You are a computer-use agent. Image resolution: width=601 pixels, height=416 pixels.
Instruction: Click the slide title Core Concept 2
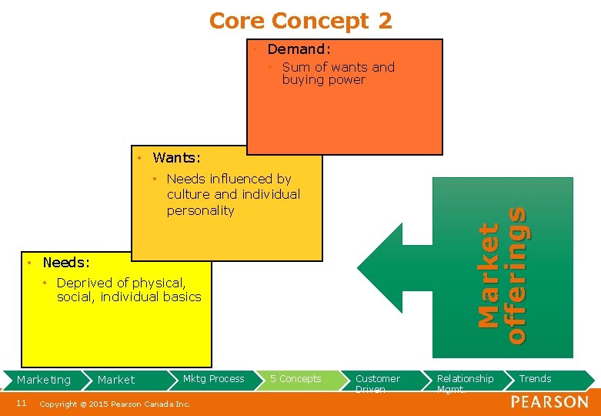coord(300,21)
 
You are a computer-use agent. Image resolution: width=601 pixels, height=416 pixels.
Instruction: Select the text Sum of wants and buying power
coord(338,73)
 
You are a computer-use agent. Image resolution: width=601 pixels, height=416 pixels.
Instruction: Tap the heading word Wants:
coord(176,159)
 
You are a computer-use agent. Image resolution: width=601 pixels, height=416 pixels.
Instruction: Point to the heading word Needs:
coord(66,263)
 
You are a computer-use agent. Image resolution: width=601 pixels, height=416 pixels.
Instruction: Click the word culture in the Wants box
coord(189,195)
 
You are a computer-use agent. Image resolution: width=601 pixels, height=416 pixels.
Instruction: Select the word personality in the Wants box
coord(200,210)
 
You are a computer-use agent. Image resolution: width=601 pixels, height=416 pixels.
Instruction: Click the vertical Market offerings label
coord(501,273)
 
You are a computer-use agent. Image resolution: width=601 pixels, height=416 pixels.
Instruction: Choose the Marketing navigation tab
coord(44,380)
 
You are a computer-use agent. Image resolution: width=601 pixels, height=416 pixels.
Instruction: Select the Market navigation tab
coord(116,380)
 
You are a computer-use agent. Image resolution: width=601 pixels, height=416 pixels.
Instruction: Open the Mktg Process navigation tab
coord(213,379)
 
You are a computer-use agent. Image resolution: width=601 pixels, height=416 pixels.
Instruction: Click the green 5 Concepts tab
coord(295,379)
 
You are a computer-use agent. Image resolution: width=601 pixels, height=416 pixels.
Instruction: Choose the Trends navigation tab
coord(535,379)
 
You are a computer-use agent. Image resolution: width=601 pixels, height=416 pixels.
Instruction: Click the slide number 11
coord(21,403)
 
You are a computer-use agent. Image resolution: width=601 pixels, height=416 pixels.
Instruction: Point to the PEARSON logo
coord(549,402)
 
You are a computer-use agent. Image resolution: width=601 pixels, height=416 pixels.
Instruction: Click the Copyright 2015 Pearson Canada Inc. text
coord(115,404)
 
